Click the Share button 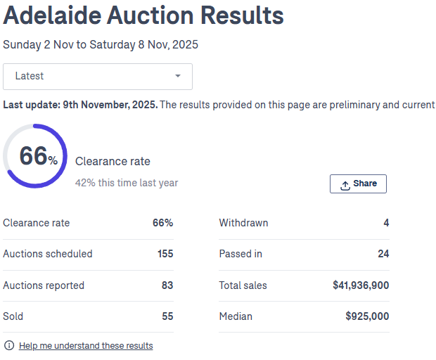pos(358,184)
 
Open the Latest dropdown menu pos(98,76)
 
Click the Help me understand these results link pos(86,345)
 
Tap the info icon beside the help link pos(9,345)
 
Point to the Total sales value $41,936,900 pos(361,285)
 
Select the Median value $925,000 pos(367,316)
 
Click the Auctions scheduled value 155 pos(165,254)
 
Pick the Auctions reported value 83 pos(167,285)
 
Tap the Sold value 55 pos(167,316)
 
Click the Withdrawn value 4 pos(386,223)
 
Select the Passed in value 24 pos(383,254)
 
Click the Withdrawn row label pos(243,223)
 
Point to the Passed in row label pos(240,254)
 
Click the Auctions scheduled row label pos(48,254)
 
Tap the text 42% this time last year pos(127,183)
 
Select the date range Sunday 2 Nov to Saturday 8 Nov pos(101,44)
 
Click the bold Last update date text pos(80,105)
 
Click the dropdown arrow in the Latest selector pos(178,76)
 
